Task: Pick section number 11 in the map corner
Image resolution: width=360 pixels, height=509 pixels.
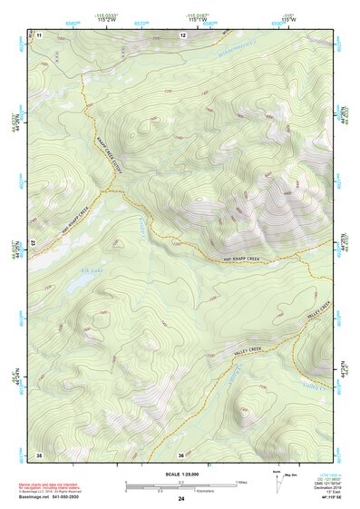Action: [39, 34]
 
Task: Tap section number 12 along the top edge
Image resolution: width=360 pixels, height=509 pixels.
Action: [183, 34]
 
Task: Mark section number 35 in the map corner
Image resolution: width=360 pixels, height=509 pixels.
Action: [39, 453]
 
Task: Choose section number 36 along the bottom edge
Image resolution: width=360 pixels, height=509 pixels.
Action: [182, 454]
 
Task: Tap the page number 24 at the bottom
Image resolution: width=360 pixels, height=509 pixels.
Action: [181, 499]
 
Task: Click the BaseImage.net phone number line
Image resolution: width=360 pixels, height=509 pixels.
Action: [54, 499]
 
